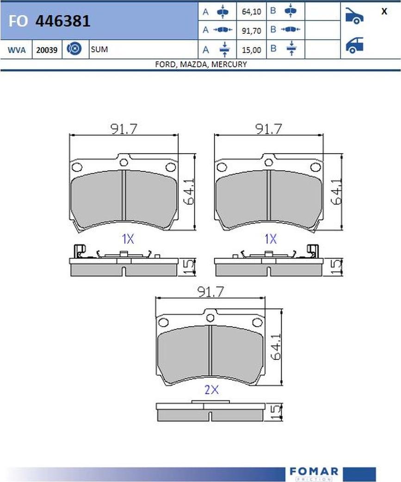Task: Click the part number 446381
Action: click(x=63, y=21)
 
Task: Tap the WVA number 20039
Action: click(x=47, y=50)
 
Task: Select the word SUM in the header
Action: click(x=99, y=49)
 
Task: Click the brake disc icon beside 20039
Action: click(x=74, y=49)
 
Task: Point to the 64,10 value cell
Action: click(x=251, y=12)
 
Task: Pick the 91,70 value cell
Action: click(x=251, y=31)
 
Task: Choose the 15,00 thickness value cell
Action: click(x=251, y=50)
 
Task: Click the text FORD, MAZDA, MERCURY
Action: click(x=201, y=64)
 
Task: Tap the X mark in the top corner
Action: click(x=384, y=12)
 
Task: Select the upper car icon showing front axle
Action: click(x=354, y=16)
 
